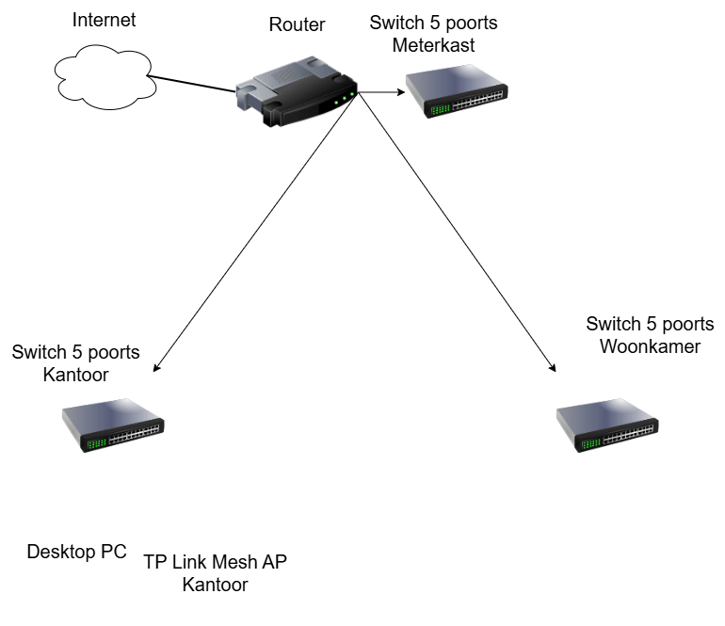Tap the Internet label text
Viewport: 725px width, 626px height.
[x=105, y=20]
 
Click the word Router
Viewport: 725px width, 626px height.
[x=298, y=25]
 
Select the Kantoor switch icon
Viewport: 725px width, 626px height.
[x=112, y=425]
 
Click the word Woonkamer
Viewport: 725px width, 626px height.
[x=650, y=346]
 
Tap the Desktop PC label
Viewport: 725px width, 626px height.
[x=76, y=552]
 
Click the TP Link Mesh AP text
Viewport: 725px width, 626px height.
[x=215, y=562]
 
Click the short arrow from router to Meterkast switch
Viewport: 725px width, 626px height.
[x=381, y=92]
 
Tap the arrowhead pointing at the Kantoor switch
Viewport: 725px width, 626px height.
[x=156, y=368]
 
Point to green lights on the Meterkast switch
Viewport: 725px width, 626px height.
[x=439, y=109]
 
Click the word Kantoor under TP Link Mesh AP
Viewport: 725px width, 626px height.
[x=215, y=585]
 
